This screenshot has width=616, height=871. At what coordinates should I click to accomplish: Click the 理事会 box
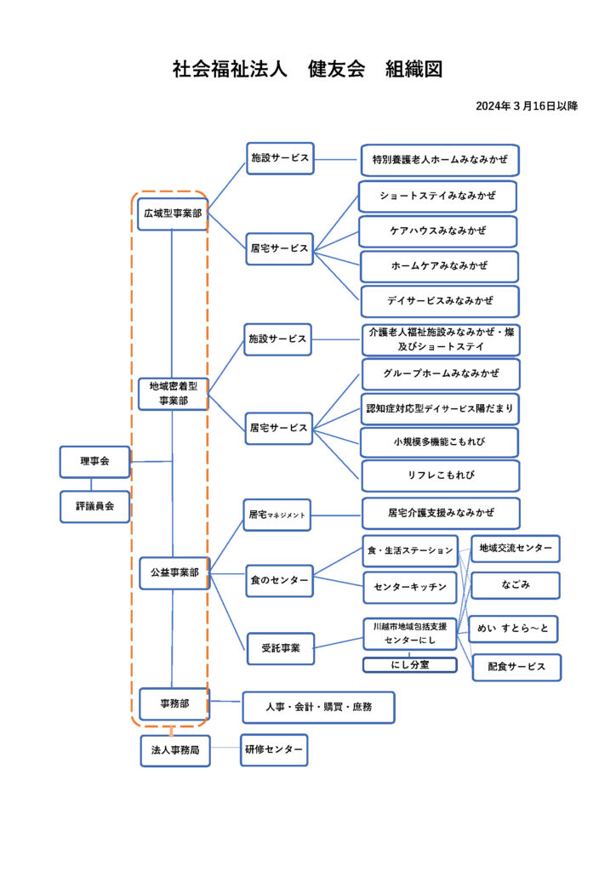(94, 462)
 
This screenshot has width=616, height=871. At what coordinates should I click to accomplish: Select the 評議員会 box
(94, 506)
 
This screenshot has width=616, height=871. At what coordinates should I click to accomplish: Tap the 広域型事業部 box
(173, 213)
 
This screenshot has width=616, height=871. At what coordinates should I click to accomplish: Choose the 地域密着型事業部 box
(173, 394)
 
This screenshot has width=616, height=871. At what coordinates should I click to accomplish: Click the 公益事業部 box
(174, 572)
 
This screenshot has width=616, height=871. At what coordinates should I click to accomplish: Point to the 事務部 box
(174, 703)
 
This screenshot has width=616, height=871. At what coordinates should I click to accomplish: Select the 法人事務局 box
(174, 751)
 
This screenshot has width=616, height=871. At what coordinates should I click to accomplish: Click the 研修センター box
(273, 749)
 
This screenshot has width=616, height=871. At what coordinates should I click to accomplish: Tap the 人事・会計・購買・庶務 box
(318, 707)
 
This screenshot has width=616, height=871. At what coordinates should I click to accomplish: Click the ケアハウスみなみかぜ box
(438, 231)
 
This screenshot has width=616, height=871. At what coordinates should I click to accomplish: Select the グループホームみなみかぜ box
(440, 374)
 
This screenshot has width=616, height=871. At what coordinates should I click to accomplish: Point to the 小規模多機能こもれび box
(439, 443)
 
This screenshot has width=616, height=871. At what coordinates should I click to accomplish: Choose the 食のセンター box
(279, 580)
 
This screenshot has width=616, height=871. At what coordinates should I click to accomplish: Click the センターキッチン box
(410, 587)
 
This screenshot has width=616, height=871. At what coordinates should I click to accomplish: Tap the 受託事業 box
(280, 648)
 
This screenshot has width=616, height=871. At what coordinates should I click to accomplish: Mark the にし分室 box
(410, 664)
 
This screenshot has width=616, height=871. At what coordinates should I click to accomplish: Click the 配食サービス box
(516, 667)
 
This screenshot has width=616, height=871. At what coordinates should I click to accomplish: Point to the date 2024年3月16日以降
(527, 106)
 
